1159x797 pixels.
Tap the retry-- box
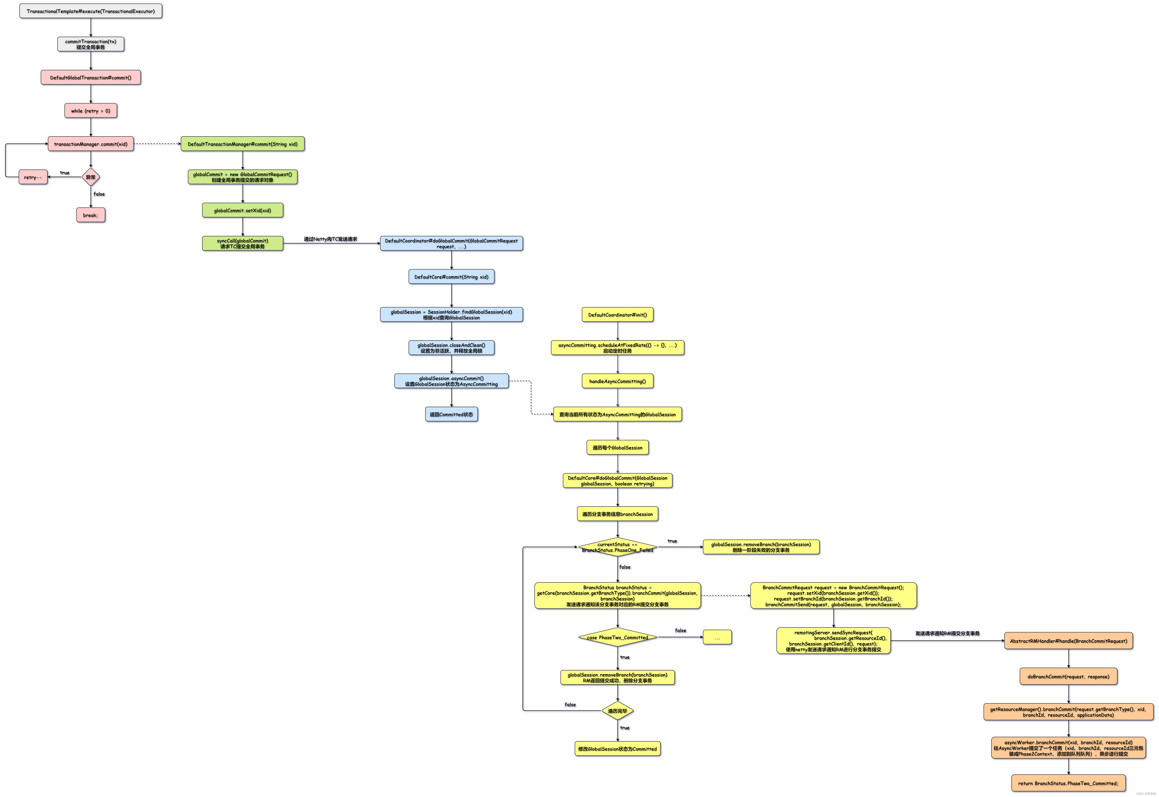pos(33,177)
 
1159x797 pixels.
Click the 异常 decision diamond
pos(90,177)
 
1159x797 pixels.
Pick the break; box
pos(90,215)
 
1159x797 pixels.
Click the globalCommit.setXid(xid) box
pos(242,210)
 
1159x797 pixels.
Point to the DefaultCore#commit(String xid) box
pos(451,277)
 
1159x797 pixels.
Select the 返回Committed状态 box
pos(451,415)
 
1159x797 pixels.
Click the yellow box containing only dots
pos(717,637)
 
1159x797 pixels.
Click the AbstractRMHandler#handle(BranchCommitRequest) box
pos(1068,641)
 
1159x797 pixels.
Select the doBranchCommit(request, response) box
pos(1068,677)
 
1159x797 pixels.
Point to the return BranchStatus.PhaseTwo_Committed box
pos(1068,783)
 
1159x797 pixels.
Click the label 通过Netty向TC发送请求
pos(330,239)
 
